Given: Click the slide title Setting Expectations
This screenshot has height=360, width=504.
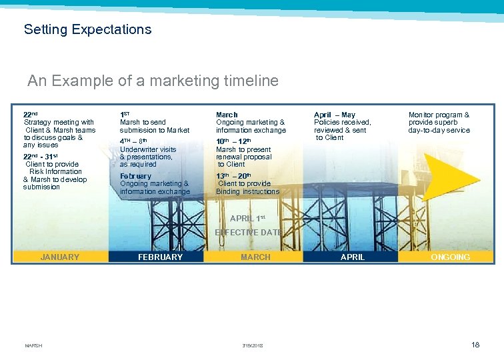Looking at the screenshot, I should pos(87,29).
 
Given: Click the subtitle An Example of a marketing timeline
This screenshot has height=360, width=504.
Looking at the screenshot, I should pos(153,81).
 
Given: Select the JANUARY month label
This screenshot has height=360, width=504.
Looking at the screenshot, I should pos(60,257).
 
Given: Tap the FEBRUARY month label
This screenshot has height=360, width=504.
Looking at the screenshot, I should pos(159,257).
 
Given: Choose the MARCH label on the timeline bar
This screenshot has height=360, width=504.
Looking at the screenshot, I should pos(255,257).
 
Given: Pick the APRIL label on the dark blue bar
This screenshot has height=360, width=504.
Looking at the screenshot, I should pos(353,257).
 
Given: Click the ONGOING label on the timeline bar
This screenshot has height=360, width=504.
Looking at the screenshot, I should pos(450,257).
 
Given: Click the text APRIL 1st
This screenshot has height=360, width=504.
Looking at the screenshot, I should pos(247,219).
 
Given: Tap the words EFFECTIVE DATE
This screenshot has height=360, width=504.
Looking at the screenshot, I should pos(248,233).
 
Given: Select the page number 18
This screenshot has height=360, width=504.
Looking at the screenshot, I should pos(475,345).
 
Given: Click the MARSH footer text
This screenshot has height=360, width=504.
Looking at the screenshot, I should pos(33,345).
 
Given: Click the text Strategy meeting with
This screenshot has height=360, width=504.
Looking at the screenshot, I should pos(59,123).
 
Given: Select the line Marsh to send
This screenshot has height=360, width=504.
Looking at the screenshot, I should pos(143,123).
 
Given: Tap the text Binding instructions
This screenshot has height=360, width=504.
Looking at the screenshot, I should pos(247,192).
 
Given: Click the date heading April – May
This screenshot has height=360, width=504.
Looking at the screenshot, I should pos(335,115).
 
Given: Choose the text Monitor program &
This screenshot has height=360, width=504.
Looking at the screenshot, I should pos(439,115).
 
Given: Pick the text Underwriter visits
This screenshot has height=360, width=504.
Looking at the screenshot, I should pos(148,150).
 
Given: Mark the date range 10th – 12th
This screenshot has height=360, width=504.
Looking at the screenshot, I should pos(233,141).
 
